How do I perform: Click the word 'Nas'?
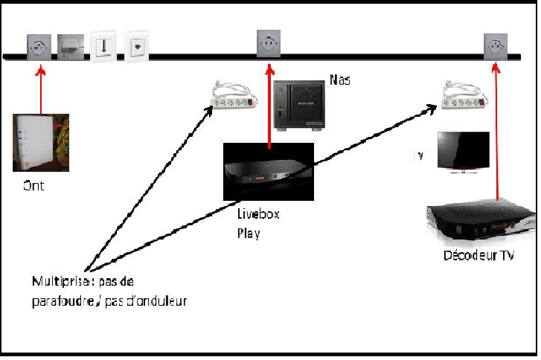339,80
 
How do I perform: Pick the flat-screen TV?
462,152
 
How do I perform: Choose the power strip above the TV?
464,97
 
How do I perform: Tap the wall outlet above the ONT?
38,48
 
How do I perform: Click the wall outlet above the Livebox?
268,45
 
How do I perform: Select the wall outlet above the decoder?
495,47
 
